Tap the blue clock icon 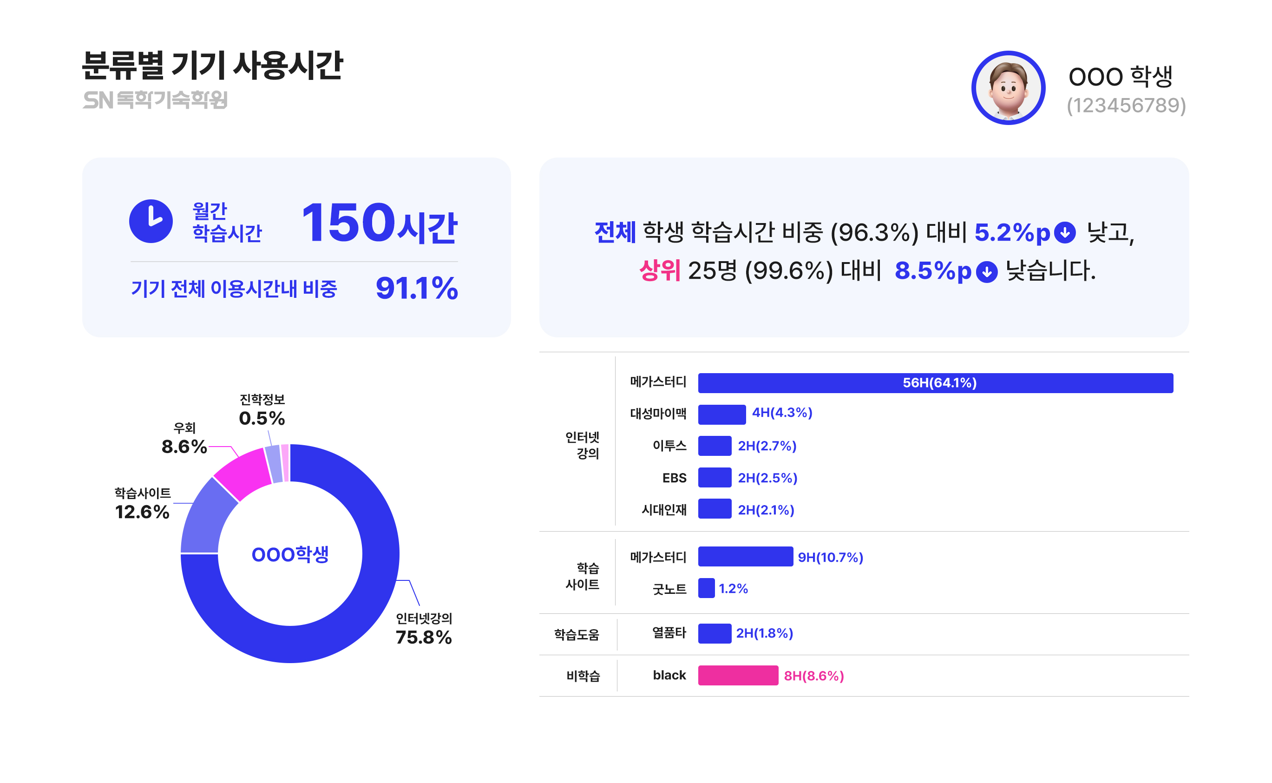(151, 221)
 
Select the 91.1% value (416, 288)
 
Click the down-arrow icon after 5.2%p (1064, 232)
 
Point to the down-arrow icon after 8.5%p (986, 271)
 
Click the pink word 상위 (659, 270)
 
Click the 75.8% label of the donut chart (424, 637)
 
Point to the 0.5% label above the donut (262, 418)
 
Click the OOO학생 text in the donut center (290, 554)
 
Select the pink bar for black (738, 675)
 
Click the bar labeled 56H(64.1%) (935, 383)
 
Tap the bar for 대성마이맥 (721, 415)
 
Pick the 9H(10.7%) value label (830, 557)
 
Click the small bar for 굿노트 (706, 588)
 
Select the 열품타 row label (669, 633)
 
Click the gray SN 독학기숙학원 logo (155, 100)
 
